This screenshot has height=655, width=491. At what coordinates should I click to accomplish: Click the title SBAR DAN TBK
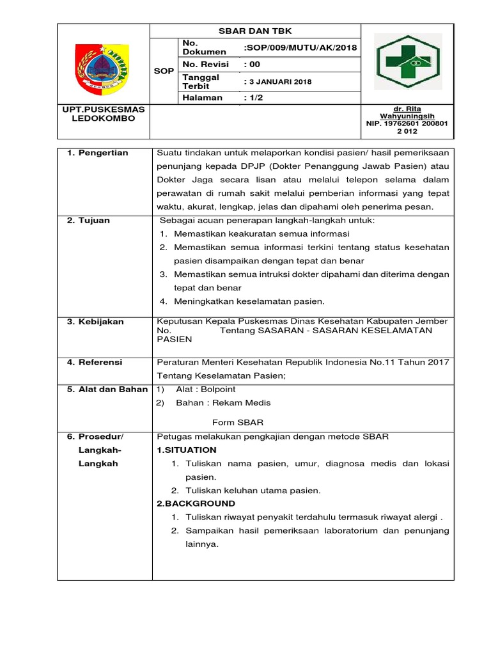(x=255, y=31)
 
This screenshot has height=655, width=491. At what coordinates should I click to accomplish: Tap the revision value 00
(x=254, y=65)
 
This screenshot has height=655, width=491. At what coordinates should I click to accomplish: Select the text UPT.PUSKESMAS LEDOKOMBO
(x=103, y=114)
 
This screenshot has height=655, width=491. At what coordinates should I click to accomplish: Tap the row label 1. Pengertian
(x=97, y=153)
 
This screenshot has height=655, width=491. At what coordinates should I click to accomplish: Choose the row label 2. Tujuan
(x=88, y=221)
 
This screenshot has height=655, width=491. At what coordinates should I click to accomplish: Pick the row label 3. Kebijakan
(x=95, y=322)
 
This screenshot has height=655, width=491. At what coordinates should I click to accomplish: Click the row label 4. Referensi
(x=95, y=363)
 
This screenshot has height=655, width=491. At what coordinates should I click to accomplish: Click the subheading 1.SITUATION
(x=186, y=450)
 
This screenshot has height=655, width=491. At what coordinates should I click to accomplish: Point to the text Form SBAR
(x=237, y=423)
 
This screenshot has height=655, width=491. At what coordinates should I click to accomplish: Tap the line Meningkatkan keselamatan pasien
(x=249, y=301)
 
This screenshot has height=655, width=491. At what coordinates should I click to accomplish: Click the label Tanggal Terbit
(x=201, y=81)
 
